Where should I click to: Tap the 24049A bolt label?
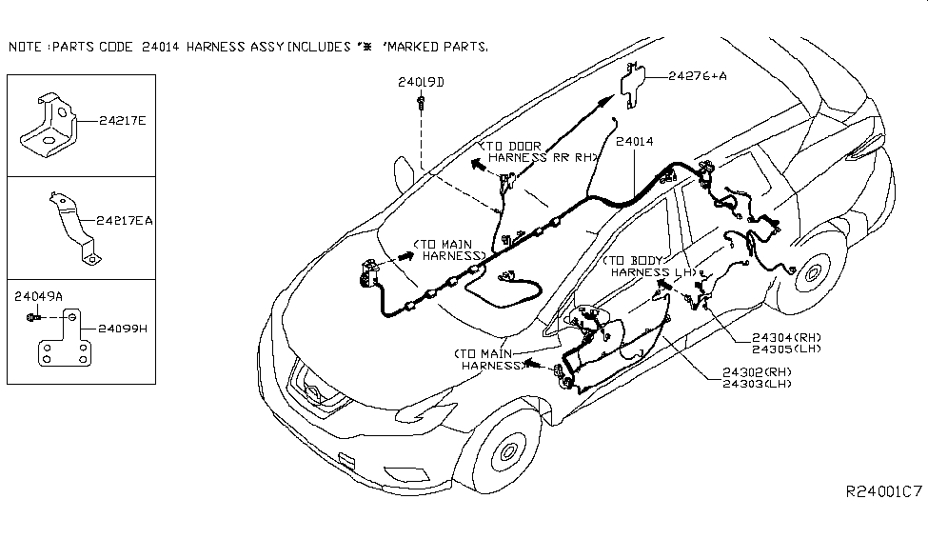[x=39, y=297]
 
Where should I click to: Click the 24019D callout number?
[x=421, y=83]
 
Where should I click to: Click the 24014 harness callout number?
[x=634, y=141]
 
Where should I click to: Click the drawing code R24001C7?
[x=884, y=492]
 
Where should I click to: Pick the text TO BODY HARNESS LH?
[x=643, y=266]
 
